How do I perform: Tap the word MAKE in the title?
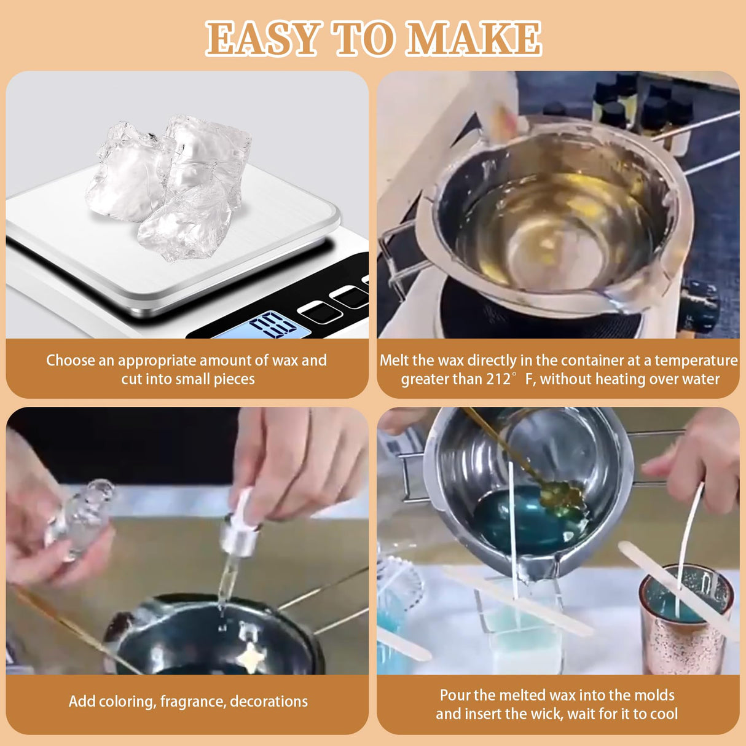(x=474, y=39)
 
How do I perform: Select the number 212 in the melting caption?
(x=498, y=379)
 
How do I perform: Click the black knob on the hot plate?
(x=701, y=304)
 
